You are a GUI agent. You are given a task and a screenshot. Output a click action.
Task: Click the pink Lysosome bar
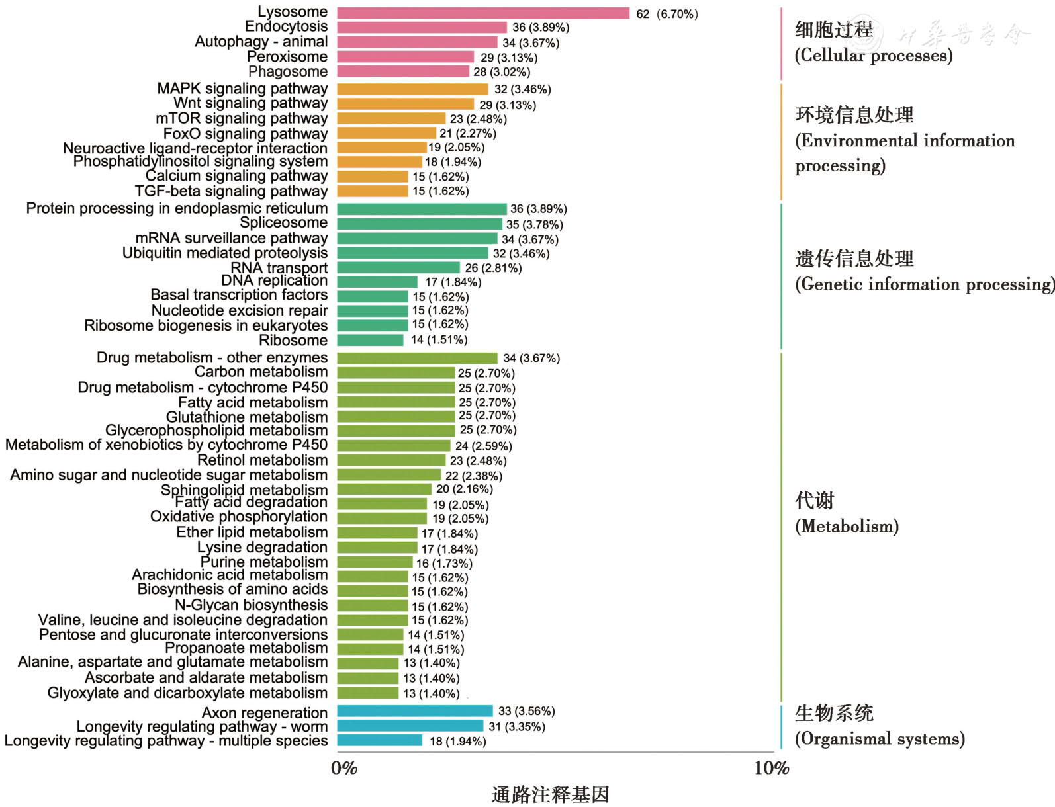(x=483, y=13)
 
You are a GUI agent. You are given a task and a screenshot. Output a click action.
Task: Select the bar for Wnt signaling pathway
(x=405, y=104)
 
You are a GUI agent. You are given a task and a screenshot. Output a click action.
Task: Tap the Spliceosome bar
(x=420, y=224)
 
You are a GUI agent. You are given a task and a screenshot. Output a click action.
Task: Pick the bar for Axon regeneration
(x=415, y=711)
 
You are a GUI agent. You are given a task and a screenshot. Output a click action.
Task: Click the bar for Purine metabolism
(x=375, y=563)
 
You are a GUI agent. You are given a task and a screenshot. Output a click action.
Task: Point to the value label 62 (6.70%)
(x=666, y=14)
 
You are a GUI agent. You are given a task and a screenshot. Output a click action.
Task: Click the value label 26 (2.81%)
(x=493, y=268)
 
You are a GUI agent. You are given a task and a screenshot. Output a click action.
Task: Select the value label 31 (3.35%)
(x=517, y=726)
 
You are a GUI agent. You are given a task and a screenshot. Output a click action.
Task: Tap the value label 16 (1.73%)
(x=444, y=564)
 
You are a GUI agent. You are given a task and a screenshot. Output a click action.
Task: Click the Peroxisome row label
(x=287, y=57)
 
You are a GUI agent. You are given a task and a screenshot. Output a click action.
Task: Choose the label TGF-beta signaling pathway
(x=231, y=191)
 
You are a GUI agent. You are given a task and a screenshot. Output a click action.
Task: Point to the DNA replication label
(x=274, y=280)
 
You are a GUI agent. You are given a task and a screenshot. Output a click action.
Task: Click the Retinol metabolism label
(x=262, y=460)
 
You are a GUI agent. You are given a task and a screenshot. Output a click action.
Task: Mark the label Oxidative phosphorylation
(x=238, y=517)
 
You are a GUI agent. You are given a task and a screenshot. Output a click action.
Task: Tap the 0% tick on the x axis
(x=344, y=768)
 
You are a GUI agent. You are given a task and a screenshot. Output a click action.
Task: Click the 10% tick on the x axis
(x=771, y=768)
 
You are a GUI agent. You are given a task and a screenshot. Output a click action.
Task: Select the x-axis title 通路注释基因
(x=550, y=794)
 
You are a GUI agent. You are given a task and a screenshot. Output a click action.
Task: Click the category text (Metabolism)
(x=847, y=527)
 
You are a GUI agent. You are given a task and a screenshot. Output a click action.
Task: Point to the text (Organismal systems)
(x=880, y=739)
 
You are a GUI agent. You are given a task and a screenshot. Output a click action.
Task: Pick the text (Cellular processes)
(x=874, y=56)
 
